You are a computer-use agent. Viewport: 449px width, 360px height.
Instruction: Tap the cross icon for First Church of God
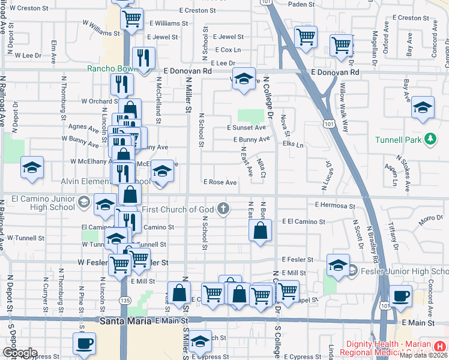[x=223, y=209]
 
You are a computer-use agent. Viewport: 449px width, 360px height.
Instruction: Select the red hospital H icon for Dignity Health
[x=441, y=346]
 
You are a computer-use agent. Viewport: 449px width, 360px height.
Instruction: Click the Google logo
[x=19, y=353]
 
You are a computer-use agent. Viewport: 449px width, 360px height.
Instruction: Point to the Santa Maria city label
[x=121, y=322]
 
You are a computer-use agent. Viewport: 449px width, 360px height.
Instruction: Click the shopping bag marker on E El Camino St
[x=260, y=231]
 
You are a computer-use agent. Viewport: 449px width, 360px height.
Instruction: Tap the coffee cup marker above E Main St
[x=400, y=296]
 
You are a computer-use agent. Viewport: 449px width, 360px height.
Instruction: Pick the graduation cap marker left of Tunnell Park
[x=423, y=108]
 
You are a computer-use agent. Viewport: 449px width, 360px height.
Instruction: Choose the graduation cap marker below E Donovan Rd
[x=244, y=80]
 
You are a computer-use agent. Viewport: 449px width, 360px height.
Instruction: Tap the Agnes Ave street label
[x=84, y=127]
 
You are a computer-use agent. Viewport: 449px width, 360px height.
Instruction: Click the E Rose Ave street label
[x=220, y=182]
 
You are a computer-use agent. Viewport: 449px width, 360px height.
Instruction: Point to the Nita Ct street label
[x=261, y=168]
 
